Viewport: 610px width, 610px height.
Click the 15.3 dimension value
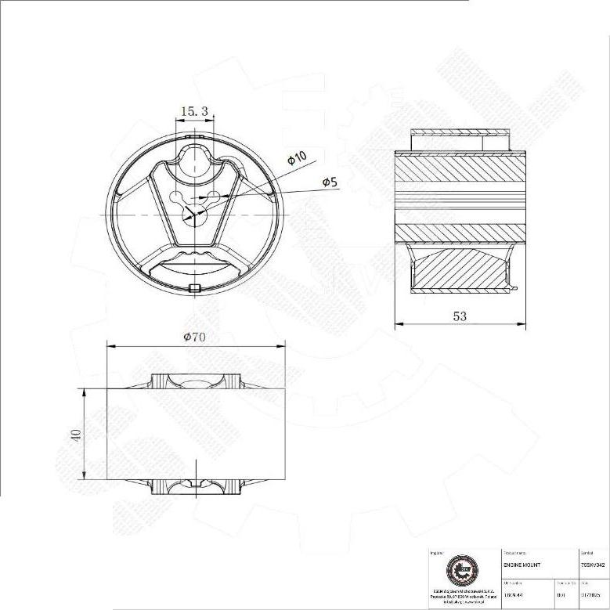coord(193,112)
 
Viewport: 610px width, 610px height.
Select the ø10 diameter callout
coord(297,157)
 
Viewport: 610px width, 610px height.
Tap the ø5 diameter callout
coord(330,182)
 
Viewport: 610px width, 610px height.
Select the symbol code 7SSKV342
coord(593,564)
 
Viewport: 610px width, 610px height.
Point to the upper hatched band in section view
coord(457,170)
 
